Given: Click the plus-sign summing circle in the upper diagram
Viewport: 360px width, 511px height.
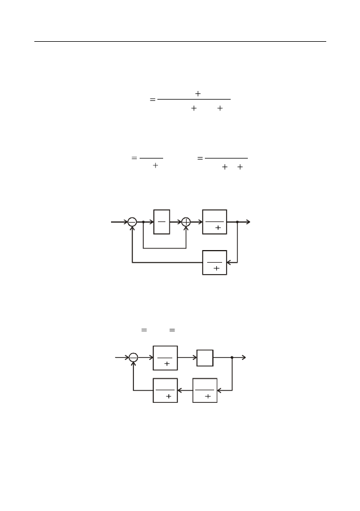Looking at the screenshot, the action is (186, 222).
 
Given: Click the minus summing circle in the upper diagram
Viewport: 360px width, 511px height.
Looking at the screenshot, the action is (132, 222).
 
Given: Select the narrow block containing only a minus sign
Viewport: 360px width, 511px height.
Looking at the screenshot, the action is (162, 222).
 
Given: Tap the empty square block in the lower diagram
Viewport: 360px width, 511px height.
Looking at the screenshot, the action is (205, 358).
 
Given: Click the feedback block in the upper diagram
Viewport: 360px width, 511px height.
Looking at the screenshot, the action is (215, 263).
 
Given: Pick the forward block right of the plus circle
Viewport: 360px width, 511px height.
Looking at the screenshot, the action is (215, 222).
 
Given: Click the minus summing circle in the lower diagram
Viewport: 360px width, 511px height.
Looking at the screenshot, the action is (133, 358).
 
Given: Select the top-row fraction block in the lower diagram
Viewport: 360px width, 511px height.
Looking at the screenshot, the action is (165, 358).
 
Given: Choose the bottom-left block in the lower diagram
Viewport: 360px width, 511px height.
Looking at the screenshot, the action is (165, 390).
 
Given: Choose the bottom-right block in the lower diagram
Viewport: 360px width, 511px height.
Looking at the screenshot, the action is (205, 390).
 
